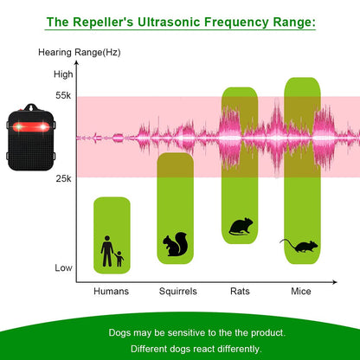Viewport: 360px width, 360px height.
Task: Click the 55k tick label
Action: click(x=62, y=96)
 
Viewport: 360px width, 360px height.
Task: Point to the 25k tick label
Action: click(x=62, y=178)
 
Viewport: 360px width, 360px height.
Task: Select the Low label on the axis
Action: click(x=63, y=267)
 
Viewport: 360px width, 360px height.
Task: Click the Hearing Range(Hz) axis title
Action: click(x=79, y=53)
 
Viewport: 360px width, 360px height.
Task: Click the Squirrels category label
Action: click(x=177, y=291)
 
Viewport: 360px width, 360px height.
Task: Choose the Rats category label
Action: click(x=241, y=291)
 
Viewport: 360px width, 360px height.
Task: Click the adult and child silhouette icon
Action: click(x=112, y=252)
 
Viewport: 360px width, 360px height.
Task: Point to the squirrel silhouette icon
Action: click(x=177, y=246)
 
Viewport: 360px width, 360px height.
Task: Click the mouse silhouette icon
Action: click(x=300, y=245)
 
